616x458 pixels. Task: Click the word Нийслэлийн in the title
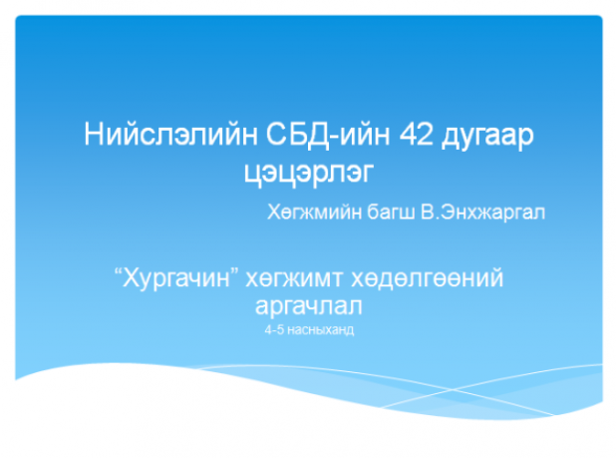(x=170, y=135)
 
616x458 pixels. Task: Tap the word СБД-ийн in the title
(x=328, y=135)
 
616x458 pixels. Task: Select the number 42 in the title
(x=416, y=135)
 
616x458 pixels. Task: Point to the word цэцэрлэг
(x=308, y=174)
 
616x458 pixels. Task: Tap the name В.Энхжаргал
(x=482, y=213)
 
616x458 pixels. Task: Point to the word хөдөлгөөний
(x=427, y=278)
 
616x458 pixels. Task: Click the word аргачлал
(x=308, y=306)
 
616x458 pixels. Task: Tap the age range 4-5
(x=274, y=330)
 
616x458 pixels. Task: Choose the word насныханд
(x=321, y=330)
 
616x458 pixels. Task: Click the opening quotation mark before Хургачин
(x=118, y=272)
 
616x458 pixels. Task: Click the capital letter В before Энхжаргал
(x=427, y=212)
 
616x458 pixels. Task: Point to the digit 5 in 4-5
(x=280, y=330)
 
